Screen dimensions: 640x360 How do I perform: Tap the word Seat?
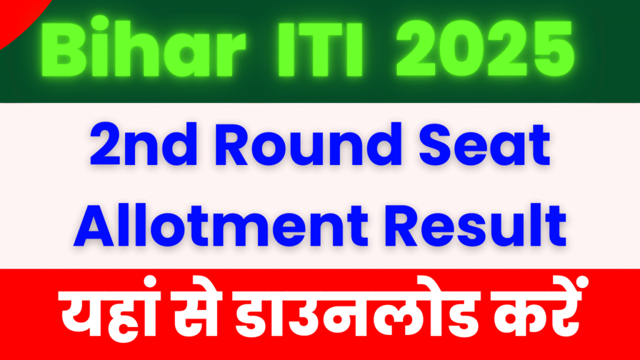click(485, 146)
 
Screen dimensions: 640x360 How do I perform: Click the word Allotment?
click(221, 226)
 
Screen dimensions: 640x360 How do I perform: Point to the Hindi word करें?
click(536, 308)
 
